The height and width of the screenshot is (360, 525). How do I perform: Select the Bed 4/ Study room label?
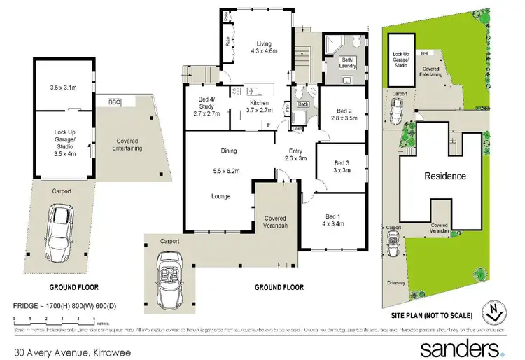click(x=206, y=109)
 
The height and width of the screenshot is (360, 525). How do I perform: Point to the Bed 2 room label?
click(x=343, y=114)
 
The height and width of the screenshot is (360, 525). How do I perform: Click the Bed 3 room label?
click(x=342, y=165)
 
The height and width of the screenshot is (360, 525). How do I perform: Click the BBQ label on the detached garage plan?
click(x=114, y=103)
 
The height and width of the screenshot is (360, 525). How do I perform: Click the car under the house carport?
click(x=170, y=267)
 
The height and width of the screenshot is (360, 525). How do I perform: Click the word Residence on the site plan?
click(x=445, y=176)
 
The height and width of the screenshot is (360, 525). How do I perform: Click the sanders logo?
click(x=459, y=347)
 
